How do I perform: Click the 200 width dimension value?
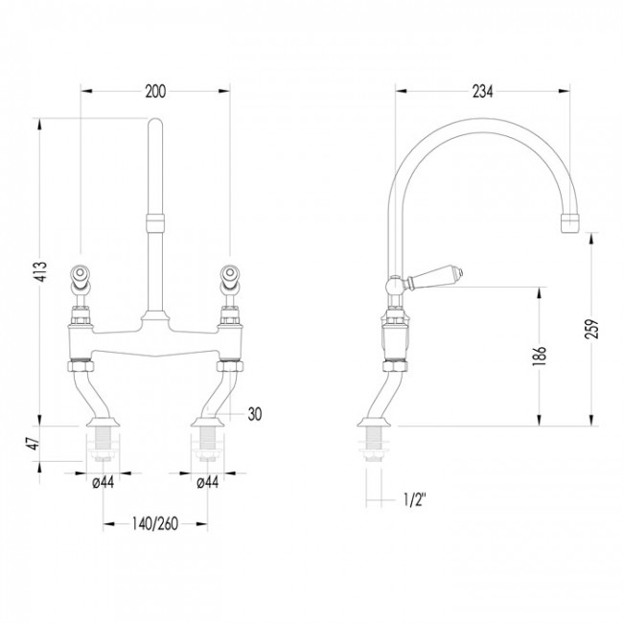(x=155, y=92)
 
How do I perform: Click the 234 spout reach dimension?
(x=482, y=92)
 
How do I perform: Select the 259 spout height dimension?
(x=591, y=329)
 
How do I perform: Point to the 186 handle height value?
(x=540, y=356)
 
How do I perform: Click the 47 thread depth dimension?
(x=34, y=444)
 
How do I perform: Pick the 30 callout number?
(x=255, y=414)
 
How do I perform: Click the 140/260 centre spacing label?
(x=155, y=524)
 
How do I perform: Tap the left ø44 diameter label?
(x=103, y=482)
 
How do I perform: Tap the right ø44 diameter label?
(x=207, y=482)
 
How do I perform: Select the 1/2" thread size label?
(x=414, y=499)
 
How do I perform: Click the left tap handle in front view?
(x=81, y=281)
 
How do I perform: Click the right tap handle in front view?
(x=230, y=281)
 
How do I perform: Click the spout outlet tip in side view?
(x=569, y=223)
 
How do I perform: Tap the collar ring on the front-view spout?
(x=154, y=222)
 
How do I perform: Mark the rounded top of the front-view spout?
(x=154, y=124)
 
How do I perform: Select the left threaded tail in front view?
(x=103, y=444)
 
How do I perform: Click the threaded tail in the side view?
(x=374, y=444)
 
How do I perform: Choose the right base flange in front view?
(x=207, y=421)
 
